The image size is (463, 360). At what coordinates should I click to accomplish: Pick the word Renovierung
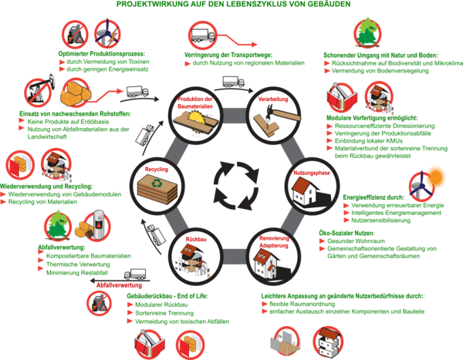click(275, 239)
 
